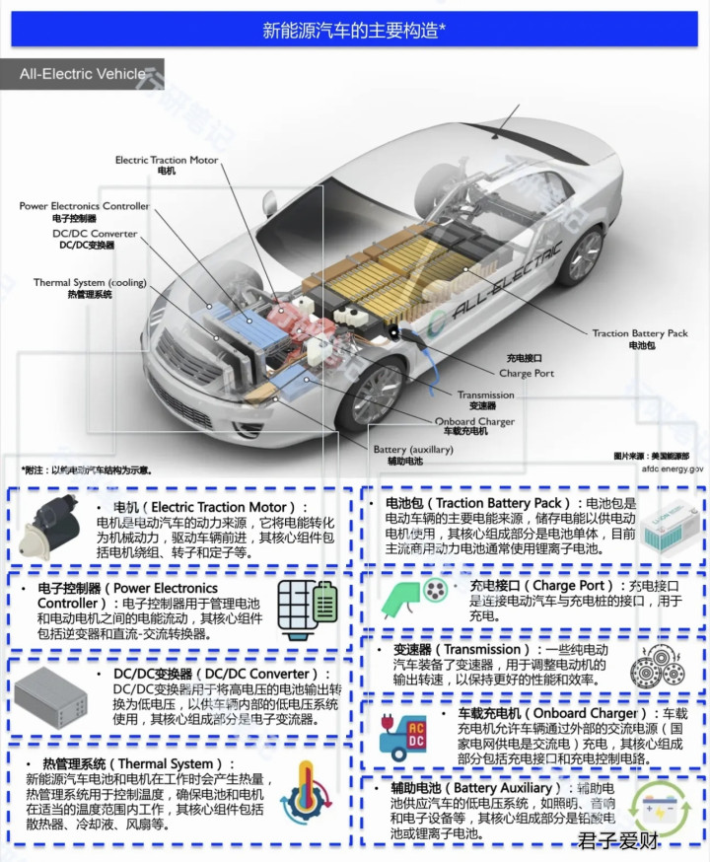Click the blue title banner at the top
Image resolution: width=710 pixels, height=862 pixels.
click(x=355, y=30)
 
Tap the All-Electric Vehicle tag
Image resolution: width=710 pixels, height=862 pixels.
click(x=83, y=74)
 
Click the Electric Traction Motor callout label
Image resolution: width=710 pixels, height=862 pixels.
click(x=167, y=165)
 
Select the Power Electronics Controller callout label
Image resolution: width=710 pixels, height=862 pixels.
click(x=85, y=211)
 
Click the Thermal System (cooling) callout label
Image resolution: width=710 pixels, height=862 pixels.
click(x=90, y=288)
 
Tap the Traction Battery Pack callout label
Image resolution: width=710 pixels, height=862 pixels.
click(x=640, y=339)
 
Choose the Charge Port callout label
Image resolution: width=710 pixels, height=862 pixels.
click(x=527, y=368)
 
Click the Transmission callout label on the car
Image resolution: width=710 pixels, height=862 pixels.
click(x=485, y=399)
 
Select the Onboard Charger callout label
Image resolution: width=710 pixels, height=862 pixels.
click(x=473, y=427)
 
